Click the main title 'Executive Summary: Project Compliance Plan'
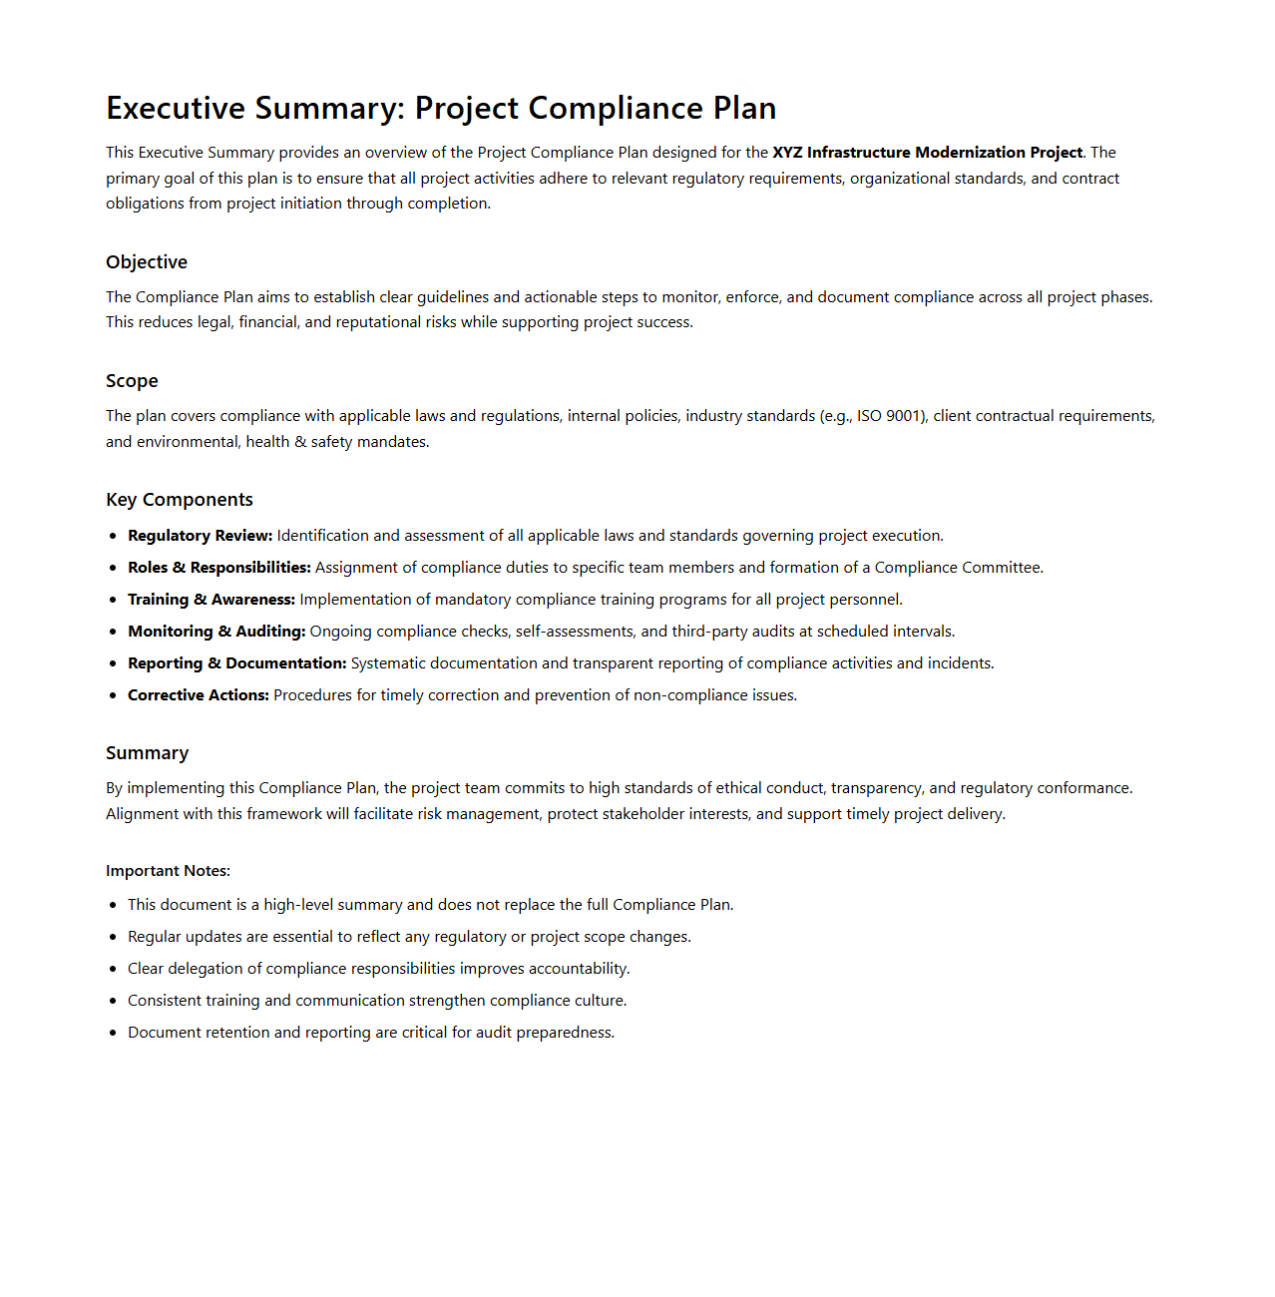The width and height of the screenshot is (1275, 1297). tap(441, 108)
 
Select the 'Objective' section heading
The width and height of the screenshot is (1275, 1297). tap(147, 262)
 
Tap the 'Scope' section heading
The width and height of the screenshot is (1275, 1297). tap(132, 381)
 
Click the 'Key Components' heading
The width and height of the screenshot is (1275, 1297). tap(180, 500)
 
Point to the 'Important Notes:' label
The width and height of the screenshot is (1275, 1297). tap(168, 871)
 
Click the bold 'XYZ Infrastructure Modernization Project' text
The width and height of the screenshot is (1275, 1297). tap(927, 153)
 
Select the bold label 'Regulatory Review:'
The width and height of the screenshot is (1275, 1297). tap(200, 536)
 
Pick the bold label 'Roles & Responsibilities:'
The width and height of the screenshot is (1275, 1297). tap(219, 568)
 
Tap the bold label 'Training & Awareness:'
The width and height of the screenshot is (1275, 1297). tap(212, 600)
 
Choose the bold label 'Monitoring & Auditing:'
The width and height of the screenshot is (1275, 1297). tap(216, 632)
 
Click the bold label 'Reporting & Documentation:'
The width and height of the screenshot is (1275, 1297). tap(237, 663)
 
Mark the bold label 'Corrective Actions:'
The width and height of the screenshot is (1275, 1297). tap(199, 695)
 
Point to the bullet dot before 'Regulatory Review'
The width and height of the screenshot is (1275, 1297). tap(113, 537)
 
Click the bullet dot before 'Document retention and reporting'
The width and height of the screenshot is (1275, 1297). tap(113, 1034)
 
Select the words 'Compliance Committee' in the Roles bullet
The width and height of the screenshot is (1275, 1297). tap(957, 568)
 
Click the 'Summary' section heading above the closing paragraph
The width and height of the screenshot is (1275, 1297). tap(147, 753)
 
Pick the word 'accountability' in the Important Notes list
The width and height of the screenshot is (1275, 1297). tap(578, 969)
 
